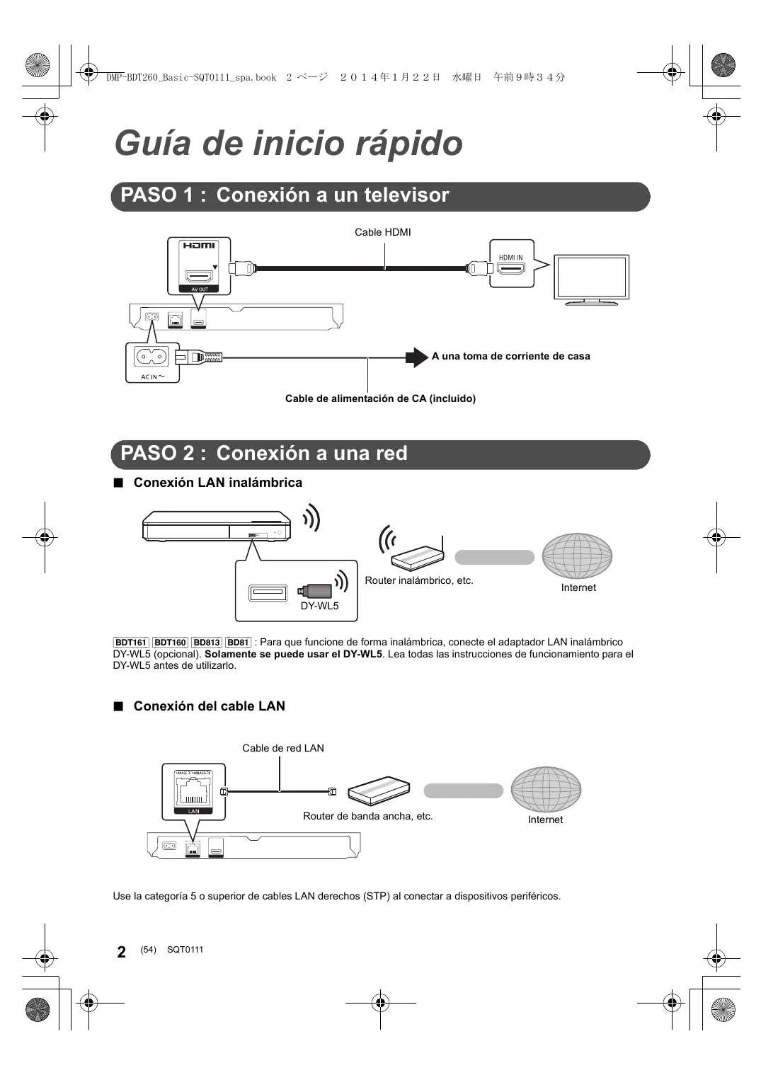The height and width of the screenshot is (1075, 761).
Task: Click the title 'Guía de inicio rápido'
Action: pyautogui.click(x=288, y=143)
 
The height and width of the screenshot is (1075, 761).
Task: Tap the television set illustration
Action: pyautogui.click(x=591, y=278)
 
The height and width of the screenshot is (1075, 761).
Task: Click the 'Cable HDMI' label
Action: pyautogui.click(x=382, y=232)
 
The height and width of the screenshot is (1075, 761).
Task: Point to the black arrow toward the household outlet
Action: pyautogui.click(x=416, y=357)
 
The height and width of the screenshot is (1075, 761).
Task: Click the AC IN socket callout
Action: pyautogui.click(x=152, y=362)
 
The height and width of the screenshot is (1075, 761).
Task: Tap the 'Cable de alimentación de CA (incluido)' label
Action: pyautogui.click(x=380, y=398)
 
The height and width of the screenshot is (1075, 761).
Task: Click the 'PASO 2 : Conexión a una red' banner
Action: pyautogui.click(x=380, y=454)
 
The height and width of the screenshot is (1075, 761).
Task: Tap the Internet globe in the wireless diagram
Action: pyautogui.click(x=577, y=556)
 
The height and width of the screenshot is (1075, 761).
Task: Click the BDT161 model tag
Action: pyautogui.click(x=131, y=643)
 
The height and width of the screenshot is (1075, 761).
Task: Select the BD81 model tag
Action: pyautogui.click(x=238, y=643)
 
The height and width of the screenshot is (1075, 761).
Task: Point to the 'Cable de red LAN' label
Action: pyautogui.click(x=282, y=748)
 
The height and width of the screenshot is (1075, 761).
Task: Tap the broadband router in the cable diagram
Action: pyautogui.click(x=379, y=791)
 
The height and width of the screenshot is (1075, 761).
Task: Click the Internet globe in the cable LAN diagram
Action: pyautogui.click(x=546, y=789)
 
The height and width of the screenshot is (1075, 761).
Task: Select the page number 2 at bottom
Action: pyautogui.click(x=122, y=952)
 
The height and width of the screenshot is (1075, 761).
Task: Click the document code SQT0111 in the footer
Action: pyautogui.click(x=185, y=950)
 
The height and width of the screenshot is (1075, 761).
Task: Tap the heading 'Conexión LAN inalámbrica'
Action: pyautogui.click(x=217, y=483)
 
